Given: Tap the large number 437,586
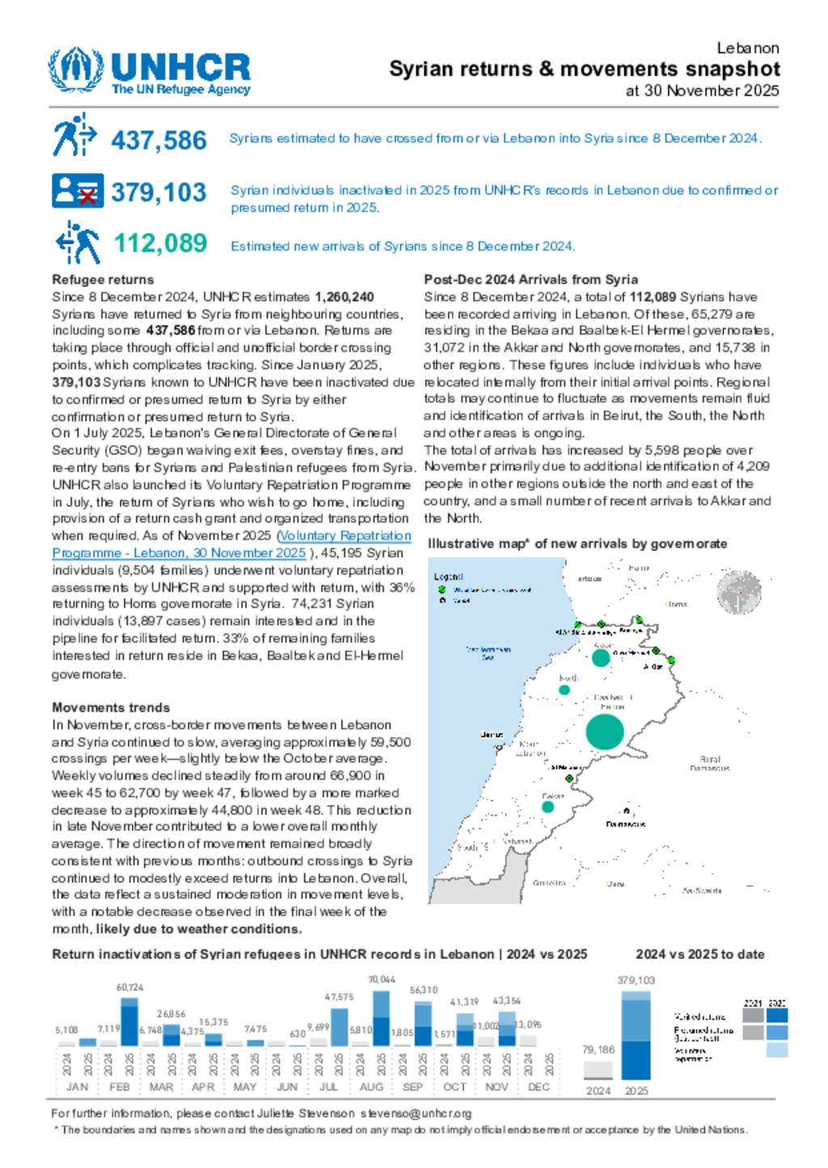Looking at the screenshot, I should (x=158, y=140).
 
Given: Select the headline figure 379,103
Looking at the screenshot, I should (x=158, y=193).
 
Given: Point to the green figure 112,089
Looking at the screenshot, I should (x=160, y=243).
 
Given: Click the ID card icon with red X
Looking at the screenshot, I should (x=78, y=191).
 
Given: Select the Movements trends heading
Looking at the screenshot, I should (x=111, y=708).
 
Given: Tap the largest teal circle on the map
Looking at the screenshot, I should (x=605, y=731).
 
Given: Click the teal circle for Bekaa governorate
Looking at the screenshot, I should (x=548, y=806).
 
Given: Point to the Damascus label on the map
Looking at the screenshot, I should (x=626, y=823).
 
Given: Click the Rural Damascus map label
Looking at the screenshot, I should (x=710, y=764).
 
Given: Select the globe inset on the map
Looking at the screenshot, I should (x=739, y=592).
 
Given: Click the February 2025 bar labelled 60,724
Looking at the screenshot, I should (x=129, y=1021).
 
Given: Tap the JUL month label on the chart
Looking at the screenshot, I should (x=329, y=1087).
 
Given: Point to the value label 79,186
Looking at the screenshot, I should (x=598, y=1049).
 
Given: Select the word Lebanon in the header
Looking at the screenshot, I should (x=748, y=49).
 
